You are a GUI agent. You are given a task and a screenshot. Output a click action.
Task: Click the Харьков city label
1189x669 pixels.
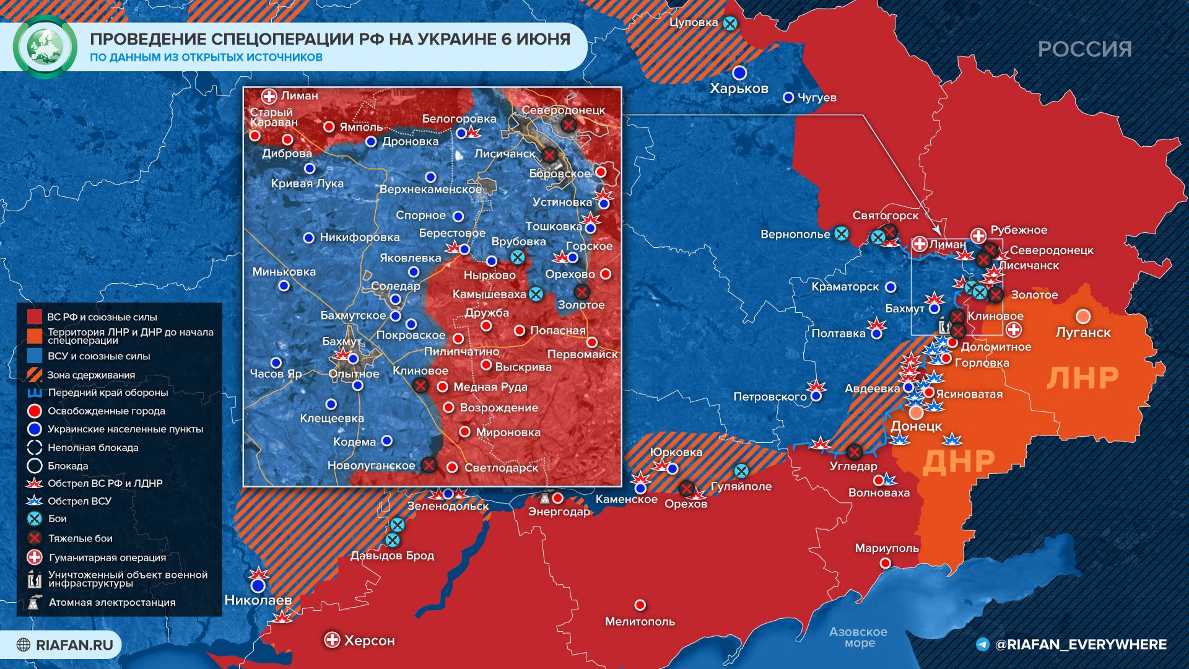(x=739, y=89)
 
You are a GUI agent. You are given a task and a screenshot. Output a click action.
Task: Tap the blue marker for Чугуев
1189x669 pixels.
(x=788, y=97)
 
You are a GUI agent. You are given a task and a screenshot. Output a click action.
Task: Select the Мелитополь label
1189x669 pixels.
(x=640, y=621)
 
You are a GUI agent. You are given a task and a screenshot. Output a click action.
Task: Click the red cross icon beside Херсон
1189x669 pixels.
(x=333, y=640)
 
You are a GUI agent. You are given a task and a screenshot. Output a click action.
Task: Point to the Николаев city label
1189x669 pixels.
(x=258, y=600)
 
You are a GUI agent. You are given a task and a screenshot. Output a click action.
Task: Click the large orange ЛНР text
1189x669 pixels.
(x=1082, y=378)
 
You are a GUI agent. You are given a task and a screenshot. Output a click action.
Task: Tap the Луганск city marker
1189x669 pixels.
(x=1082, y=317)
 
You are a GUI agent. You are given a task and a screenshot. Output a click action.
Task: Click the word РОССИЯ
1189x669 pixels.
(x=1084, y=49)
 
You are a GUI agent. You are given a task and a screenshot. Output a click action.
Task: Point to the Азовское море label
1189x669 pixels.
(x=858, y=637)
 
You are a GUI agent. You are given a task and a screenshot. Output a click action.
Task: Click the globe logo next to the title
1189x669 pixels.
(x=45, y=47)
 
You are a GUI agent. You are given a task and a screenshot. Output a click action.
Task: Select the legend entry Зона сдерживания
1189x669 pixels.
(x=90, y=375)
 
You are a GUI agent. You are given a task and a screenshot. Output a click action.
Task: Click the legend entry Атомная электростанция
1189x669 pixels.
(x=111, y=602)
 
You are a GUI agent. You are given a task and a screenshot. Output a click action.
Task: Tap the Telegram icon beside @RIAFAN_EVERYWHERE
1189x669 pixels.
(x=982, y=644)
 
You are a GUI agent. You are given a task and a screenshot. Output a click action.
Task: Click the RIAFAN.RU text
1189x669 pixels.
(x=74, y=645)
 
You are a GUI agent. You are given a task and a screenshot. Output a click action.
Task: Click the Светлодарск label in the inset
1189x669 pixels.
(x=501, y=468)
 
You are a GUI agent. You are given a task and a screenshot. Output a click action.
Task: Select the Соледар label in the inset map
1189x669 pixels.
(x=395, y=286)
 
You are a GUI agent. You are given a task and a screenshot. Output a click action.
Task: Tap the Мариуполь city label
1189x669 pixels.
(x=886, y=548)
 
